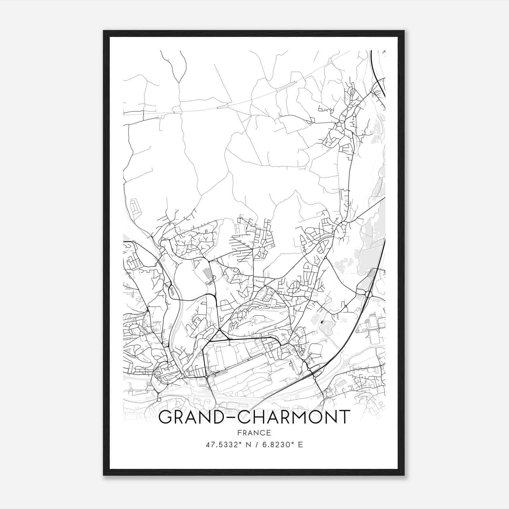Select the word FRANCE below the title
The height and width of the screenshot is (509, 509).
(254, 433)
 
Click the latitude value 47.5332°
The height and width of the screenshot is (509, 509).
(224, 444)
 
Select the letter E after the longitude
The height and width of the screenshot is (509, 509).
(300, 444)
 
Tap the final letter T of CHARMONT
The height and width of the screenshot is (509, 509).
(344, 417)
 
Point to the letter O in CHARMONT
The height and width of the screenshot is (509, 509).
(310, 417)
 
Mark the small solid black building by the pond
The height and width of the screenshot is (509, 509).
(323, 322)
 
